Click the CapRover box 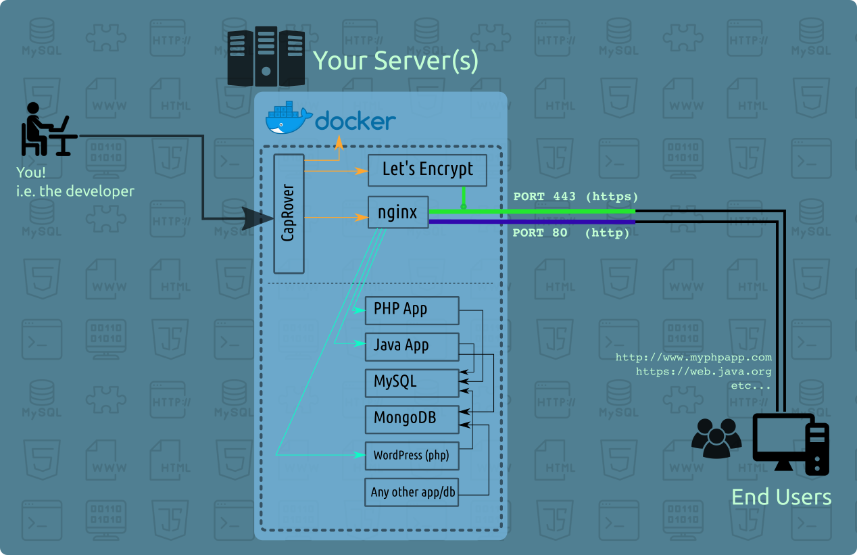point(289,214)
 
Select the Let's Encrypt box point(427,170)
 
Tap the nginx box point(398,212)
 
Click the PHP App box point(412,310)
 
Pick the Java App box point(412,346)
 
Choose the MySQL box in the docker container point(412,383)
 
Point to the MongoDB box point(412,419)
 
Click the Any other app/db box point(412,492)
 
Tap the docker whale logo point(289,118)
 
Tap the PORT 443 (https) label point(576,197)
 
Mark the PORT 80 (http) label point(571,233)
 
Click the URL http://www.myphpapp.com point(693,358)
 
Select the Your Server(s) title point(395,62)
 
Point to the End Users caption point(781,498)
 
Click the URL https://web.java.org point(704,371)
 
